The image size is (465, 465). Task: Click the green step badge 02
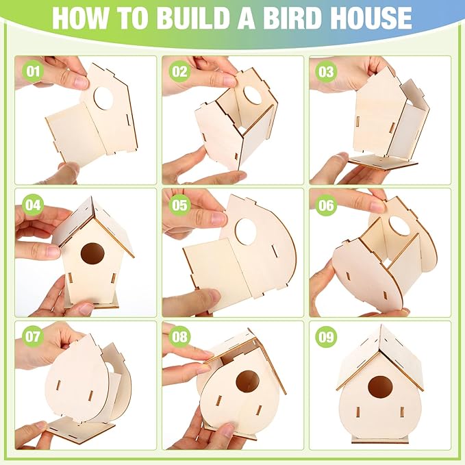[x=180, y=71]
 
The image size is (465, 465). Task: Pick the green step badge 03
[x=325, y=71]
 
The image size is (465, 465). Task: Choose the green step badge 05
[x=180, y=203]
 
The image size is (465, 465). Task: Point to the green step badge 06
[x=325, y=203]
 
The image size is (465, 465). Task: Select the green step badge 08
[x=180, y=336]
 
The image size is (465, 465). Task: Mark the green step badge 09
[x=325, y=336]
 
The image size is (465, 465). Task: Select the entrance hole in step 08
[x=247, y=382]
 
